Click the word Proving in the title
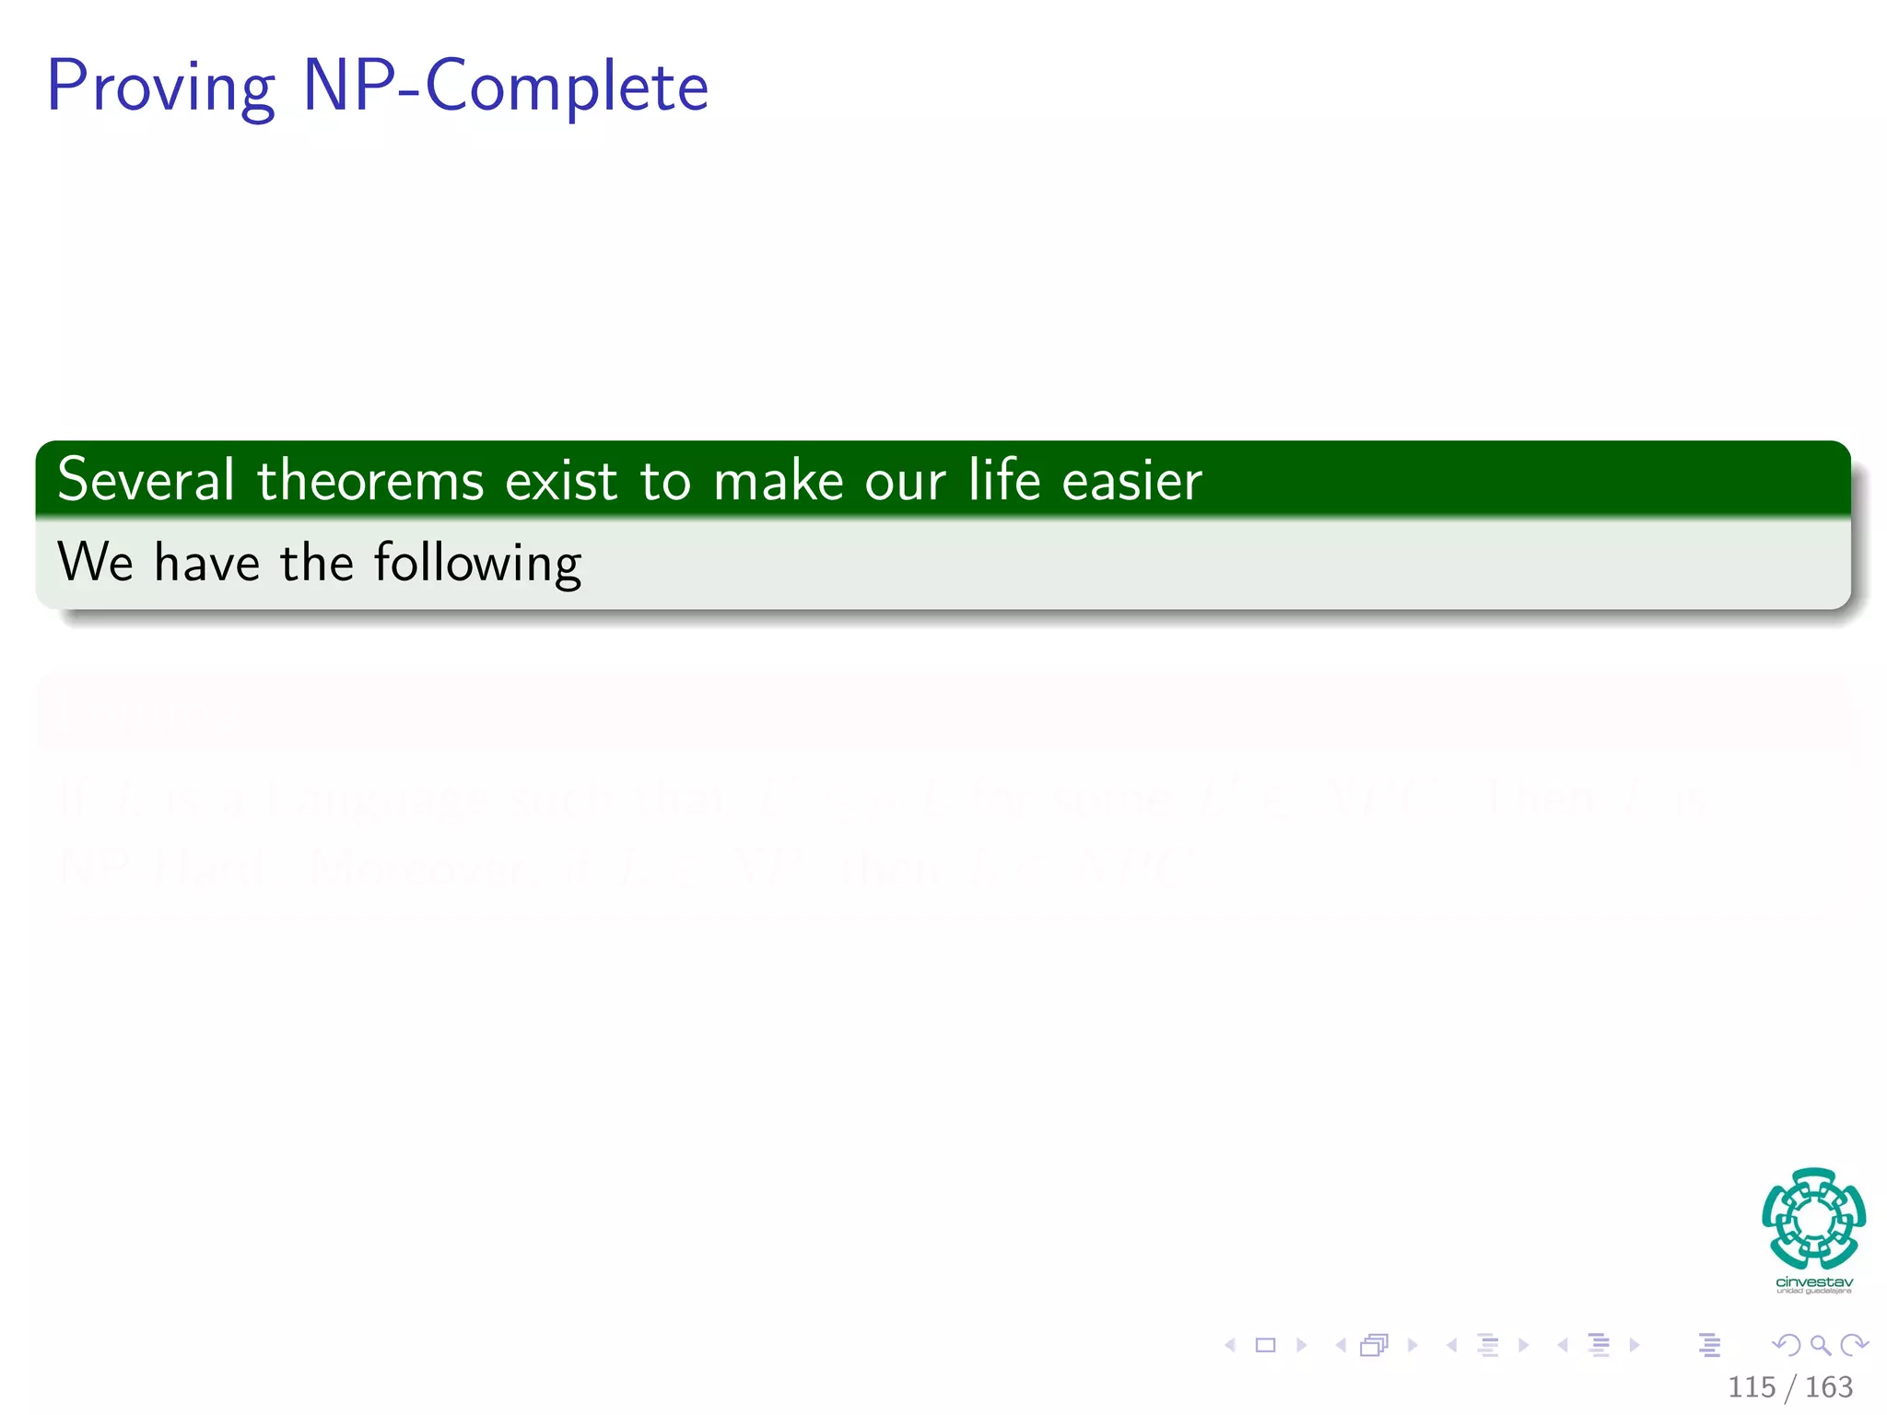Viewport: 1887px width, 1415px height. pyautogui.click(x=161, y=88)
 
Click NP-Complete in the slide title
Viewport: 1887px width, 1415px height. pyautogui.click(x=506, y=88)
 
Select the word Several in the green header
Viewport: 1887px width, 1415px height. pyautogui.click(x=146, y=480)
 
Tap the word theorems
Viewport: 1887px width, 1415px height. pyautogui.click(x=370, y=480)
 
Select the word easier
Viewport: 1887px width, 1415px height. pyautogui.click(x=1131, y=480)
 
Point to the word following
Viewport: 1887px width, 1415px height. pyautogui.click(x=477, y=563)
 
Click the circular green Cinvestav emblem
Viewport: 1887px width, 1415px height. pyautogui.click(x=1813, y=1219)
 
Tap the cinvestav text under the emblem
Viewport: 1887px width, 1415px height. pyautogui.click(x=1813, y=1282)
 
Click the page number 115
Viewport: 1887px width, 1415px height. pyautogui.click(x=1751, y=1386)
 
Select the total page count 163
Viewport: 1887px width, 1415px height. pyautogui.click(x=1828, y=1386)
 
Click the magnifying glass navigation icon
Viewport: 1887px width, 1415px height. pyautogui.click(x=1820, y=1345)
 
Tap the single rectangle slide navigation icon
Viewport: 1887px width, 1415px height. pyautogui.click(x=1265, y=1345)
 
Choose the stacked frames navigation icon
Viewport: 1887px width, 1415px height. pyautogui.click(x=1374, y=1345)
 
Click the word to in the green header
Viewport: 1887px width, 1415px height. pyautogui.click(x=664, y=480)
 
